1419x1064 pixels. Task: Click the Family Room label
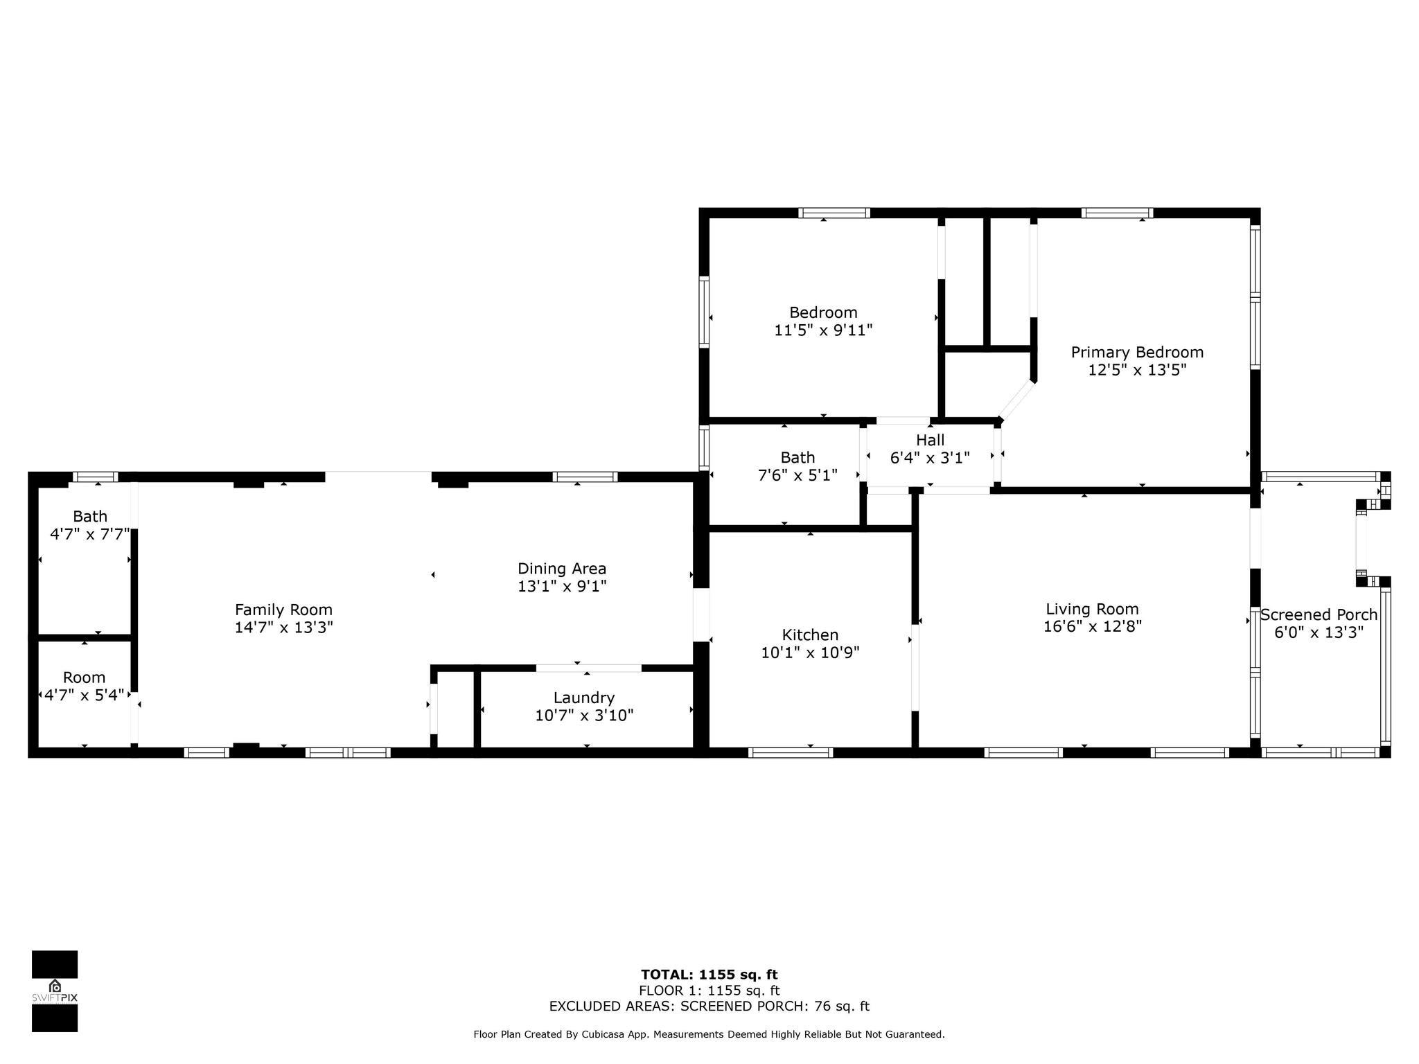[283, 610]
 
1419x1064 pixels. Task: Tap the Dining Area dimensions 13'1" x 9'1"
[562, 586]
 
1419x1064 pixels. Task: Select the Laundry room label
[584, 698]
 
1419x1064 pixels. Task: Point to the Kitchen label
[810, 635]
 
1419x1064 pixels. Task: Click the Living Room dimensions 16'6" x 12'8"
[1093, 626]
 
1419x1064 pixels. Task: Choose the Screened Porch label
[1319, 614]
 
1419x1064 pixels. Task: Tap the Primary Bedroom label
[1137, 352]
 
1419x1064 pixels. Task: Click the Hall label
[930, 440]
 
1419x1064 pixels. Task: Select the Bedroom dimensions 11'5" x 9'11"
[823, 330]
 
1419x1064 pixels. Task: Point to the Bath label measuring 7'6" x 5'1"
[797, 457]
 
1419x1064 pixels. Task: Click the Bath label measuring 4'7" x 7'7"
[90, 516]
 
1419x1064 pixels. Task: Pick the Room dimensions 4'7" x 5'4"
[85, 695]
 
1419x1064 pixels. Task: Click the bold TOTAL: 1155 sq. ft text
[709, 975]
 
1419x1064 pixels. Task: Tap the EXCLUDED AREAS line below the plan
[709, 1006]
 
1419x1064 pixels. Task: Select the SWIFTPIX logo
[55, 991]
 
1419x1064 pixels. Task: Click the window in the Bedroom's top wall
[834, 213]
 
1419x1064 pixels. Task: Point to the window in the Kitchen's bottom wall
[791, 752]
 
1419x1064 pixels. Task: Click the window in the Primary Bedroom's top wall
[1118, 213]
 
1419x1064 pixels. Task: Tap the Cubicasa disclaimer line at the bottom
[709, 1034]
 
